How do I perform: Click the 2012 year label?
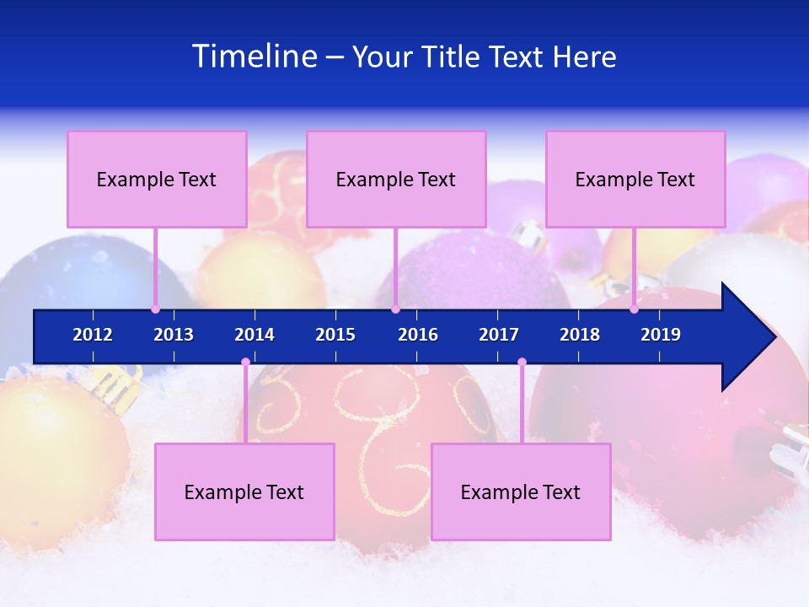coord(93,335)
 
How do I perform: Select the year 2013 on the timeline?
coord(174,335)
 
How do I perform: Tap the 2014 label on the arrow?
coord(254,335)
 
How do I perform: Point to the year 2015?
coord(335,335)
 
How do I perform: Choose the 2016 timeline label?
coord(418,335)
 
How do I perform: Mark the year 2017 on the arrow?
coord(499,335)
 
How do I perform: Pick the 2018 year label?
coord(580,335)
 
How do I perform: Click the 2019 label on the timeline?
coord(661,335)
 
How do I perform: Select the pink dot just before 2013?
coord(156,309)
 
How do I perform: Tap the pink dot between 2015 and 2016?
coord(395,309)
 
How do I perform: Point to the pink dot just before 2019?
coord(635,309)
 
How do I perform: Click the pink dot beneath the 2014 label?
coord(245,363)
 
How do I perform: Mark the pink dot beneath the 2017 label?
coord(522,363)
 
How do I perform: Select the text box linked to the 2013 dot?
coord(157,179)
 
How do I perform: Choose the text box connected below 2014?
coord(244,492)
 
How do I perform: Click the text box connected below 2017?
coord(521,492)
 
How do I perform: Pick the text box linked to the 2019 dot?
coord(635,179)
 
